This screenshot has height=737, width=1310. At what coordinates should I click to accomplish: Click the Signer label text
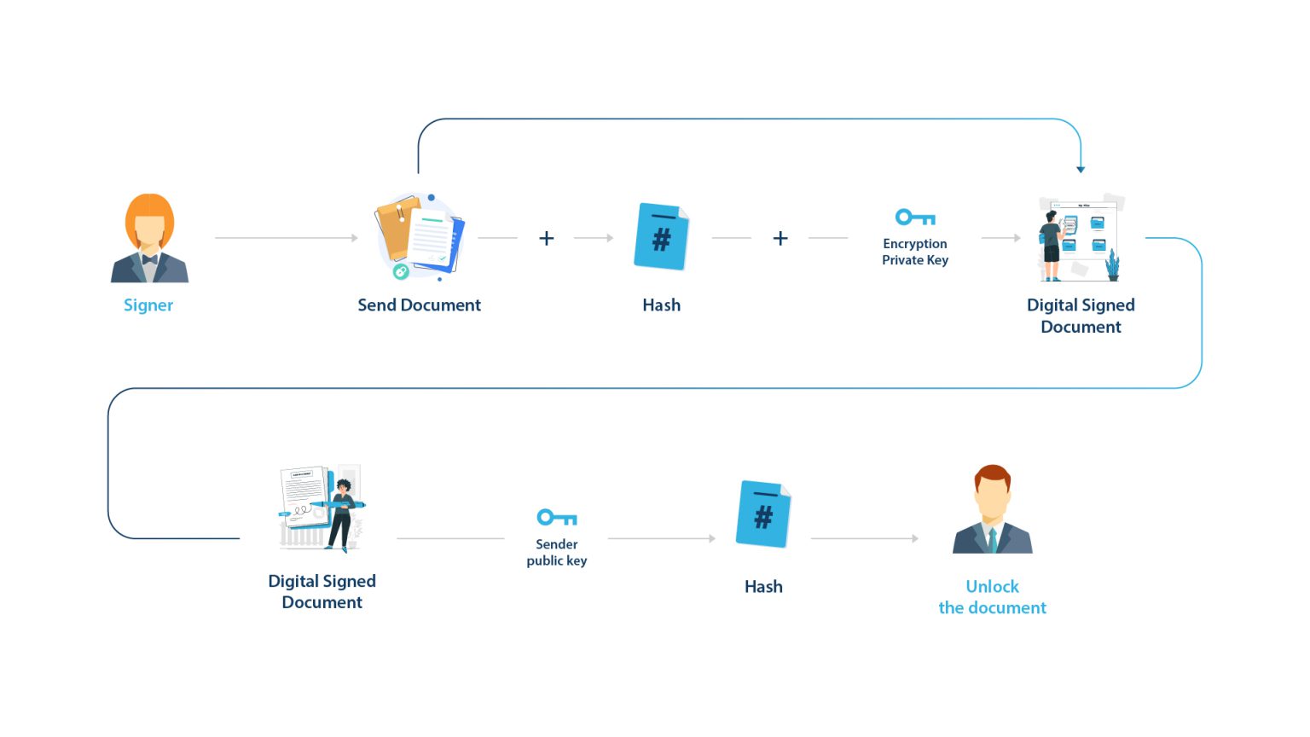pos(148,305)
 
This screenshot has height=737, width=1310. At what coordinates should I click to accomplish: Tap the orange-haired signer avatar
pos(149,238)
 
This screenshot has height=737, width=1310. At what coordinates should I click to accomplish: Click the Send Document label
pos(419,305)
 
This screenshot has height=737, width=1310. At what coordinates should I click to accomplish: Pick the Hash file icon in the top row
pos(661,236)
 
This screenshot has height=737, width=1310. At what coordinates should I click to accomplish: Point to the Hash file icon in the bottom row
pos(763,514)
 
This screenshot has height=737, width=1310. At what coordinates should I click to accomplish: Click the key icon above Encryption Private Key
pos(915,218)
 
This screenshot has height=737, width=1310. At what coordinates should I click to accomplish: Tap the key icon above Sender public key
pos(557,518)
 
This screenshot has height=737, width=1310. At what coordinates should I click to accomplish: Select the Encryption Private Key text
pos(915,252)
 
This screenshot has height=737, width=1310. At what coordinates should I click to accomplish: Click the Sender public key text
pos(557,552)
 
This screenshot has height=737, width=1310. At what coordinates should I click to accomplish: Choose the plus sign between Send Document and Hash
pos(547,238)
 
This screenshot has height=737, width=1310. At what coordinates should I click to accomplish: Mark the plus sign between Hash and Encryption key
pos(780,238)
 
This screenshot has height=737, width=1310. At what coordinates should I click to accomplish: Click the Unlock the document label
pos(992,597)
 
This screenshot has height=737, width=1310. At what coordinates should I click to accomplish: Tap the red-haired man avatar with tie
pos(993,509)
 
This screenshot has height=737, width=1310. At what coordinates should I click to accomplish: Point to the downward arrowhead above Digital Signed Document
pos(1081,170)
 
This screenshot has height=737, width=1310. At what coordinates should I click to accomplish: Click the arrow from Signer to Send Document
pos(287,238)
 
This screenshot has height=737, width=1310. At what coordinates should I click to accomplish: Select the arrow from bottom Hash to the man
pos(865,538)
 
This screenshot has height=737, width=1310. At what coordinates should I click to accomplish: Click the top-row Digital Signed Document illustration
pos(1081,238)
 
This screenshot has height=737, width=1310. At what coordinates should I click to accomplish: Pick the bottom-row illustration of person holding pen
pos(322,508)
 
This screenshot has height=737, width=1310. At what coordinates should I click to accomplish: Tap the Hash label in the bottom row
pos(763,587)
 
